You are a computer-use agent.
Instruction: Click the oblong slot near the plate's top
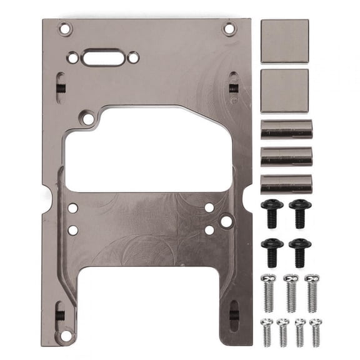[x=103, y=57]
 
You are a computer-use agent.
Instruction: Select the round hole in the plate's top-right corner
[x=229, y=28]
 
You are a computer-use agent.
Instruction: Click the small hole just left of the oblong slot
[x=73, y=57]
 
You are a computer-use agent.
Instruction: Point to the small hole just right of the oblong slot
[x=133, y=57]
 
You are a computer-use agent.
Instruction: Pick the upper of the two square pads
[x=284, y=41]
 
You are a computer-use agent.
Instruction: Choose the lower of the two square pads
[x=284, y=91]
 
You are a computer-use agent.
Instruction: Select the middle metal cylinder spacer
[x=286, y=156]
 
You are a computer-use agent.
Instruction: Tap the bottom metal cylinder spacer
[x=286, y=184]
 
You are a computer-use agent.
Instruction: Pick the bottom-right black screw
[x=300, y=251]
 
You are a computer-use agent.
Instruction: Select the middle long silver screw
[x=290, y=291]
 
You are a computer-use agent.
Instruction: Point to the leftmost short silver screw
[x=267, y=332]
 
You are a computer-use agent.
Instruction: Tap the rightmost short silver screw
[x=316, y=332]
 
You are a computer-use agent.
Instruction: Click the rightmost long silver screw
[x=312, y=291]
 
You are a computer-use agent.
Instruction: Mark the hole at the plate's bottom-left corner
[x=64, y=336]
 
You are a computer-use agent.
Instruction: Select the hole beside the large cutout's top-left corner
[x=88, y=117]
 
